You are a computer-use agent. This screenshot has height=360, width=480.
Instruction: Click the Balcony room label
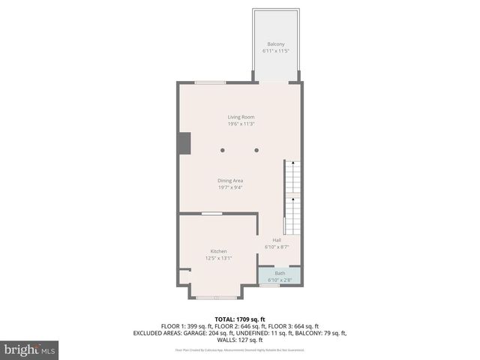(x=275, y=44)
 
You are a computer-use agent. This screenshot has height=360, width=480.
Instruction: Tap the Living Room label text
(x=241, y=117)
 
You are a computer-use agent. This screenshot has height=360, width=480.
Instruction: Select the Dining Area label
(x=230, y=180)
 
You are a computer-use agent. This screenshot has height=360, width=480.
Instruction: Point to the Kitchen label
(x=218, y=251)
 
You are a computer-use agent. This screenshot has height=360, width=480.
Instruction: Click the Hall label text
(x=277, y=240)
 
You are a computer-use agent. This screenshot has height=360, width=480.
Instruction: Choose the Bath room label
(x=280, y=273)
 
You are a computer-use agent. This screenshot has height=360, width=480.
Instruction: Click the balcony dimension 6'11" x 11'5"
(x=275, y=51)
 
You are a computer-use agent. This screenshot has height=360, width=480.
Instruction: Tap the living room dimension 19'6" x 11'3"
(x=241, y=124)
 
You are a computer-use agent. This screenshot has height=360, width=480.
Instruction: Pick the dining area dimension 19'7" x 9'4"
(x=230, y=187)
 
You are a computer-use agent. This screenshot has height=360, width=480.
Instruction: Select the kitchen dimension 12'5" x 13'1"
(x=218, y=258)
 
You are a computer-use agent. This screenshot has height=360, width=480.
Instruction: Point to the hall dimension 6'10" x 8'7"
(x=277, y=247)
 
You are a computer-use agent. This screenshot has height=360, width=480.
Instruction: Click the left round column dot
(x=222, y=150)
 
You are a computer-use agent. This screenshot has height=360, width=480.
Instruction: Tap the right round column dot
(x=256, y=150)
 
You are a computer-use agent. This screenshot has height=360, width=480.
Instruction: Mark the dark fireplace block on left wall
(x=184, y=143)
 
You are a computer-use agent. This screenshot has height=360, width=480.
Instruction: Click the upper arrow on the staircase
(x=292, y=163)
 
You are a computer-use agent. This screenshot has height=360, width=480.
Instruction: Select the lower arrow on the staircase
(x=292, y=200)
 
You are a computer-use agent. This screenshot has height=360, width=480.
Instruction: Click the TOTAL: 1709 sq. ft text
(x=239, y=319)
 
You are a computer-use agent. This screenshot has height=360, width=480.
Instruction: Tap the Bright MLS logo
(x=30, y=349)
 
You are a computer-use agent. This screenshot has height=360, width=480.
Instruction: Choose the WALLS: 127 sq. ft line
(x=239, y=340)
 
